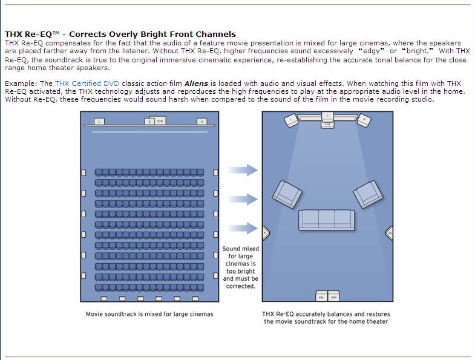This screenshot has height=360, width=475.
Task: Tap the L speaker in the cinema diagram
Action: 100,122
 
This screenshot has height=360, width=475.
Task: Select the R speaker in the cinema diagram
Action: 201,122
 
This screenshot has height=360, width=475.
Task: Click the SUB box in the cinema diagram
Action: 160,121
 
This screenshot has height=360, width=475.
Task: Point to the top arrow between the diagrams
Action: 244,170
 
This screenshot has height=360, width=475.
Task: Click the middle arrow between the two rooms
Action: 244,199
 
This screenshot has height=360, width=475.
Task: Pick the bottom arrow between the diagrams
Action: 244,228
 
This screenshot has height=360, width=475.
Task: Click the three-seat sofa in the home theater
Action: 327,220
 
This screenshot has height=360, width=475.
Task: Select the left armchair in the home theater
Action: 287,194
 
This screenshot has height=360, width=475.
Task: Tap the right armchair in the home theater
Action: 369,194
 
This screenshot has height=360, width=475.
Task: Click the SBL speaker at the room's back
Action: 321,297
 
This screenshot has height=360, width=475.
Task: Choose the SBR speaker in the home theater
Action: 333,297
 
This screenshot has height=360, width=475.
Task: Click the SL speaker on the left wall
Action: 265,232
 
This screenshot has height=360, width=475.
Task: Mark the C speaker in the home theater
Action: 327,116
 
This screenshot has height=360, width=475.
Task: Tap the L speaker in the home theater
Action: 292,120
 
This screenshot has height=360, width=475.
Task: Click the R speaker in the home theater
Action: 364,120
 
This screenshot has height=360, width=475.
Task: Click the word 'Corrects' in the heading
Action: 94,34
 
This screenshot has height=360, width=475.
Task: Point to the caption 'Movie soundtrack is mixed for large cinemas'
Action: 149,314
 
